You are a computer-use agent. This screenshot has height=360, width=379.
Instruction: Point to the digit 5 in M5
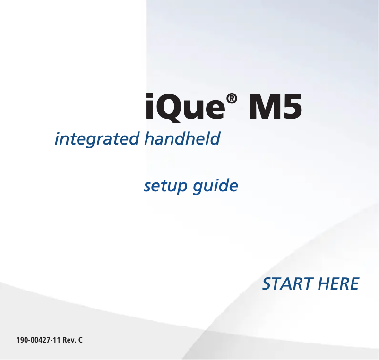click(291, 109)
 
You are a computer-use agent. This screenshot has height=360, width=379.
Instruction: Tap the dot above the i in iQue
click(149, 98)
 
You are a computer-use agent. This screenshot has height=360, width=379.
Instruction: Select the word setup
click(166, 186)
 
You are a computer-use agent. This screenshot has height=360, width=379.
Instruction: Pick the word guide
click(215, 186)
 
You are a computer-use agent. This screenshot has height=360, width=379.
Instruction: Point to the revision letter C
click(80, 340)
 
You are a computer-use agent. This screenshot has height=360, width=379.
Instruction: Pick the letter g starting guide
click(198, 188)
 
